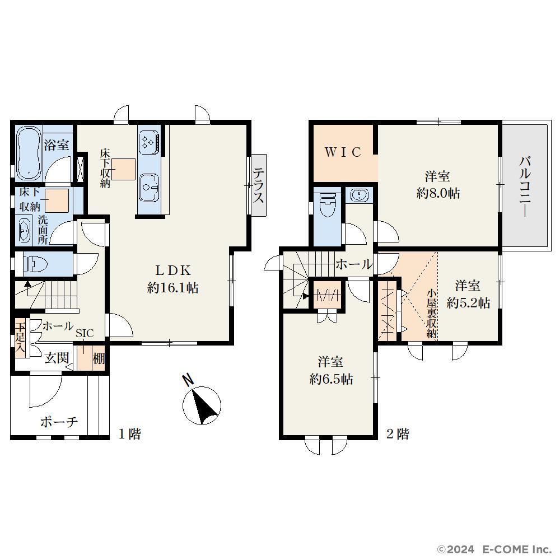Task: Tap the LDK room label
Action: point(173,270)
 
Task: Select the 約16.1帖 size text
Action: point(173,287)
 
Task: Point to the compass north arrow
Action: point(202,405)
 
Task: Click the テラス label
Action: point(259,186)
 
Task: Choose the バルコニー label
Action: point(525,186)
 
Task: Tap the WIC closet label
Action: point(343,152)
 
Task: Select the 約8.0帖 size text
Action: point(438,194)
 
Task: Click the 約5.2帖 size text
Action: point(468,303)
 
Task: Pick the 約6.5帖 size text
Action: point(331,379)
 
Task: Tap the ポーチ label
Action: point(59,422)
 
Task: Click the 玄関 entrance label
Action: point(57,357)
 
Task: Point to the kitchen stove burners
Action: point(147,142)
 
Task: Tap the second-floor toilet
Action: point(327,206)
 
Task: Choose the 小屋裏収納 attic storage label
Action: point(432,313)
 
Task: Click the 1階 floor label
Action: point(129,434)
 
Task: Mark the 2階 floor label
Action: point(398,434)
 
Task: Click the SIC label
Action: point(85,333)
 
